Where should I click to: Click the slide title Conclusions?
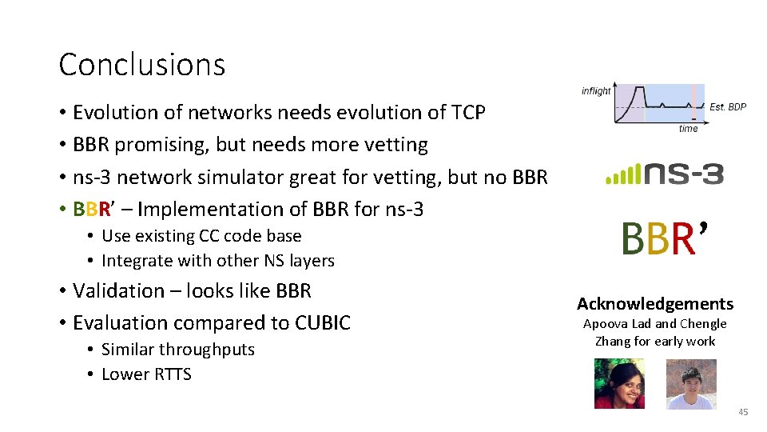coord(142,65)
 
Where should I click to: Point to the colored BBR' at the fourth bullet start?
coord(94,209)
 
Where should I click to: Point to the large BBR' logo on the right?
coord(663,239)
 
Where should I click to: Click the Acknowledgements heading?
coord(655,304)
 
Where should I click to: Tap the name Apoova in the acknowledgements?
coord(606,324)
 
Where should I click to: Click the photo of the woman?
coord(619,383)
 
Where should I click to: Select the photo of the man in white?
coord(691,383)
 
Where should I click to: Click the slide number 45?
coord(743,412)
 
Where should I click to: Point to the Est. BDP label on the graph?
coord(728,106)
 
